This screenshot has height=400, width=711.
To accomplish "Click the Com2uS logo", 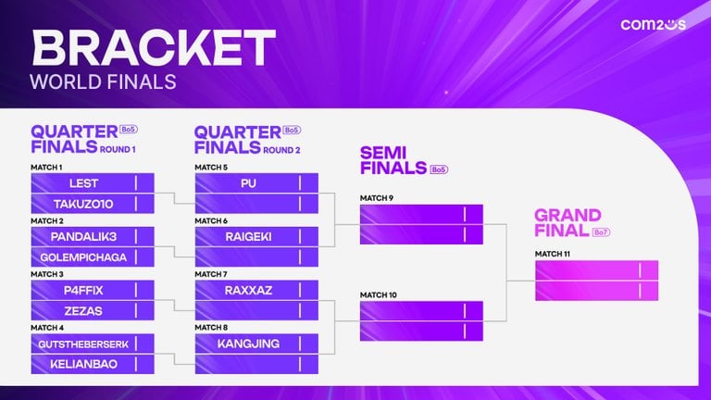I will [653, 24].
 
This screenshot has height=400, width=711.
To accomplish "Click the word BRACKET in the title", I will [154, 47].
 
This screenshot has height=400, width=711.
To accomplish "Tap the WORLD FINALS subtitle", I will [103, 81].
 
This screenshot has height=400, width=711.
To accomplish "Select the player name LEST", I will [83, 183].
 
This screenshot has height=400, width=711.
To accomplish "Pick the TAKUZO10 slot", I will [83, 204].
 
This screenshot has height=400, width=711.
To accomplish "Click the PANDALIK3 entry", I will [83, 237].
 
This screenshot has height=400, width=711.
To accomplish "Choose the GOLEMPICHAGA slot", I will [83, 257].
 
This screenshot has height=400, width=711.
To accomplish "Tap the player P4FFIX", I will [83, 290].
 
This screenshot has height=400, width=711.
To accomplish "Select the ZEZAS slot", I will [83, 311].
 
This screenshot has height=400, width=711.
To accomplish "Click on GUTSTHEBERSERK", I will [83, 344].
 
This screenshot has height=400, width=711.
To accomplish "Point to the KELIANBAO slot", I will [83, 365].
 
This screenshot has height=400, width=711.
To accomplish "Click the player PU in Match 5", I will [247, 183].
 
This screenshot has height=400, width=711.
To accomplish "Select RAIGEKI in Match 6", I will [247, 237].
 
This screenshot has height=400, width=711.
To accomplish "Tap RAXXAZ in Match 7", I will [247, 290].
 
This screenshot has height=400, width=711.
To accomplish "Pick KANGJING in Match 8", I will [247, 344].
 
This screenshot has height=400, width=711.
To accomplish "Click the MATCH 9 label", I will [377, 197].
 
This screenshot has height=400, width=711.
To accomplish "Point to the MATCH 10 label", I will [378, 294].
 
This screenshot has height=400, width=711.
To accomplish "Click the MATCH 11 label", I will [552, 253].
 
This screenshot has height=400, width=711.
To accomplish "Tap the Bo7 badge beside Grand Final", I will [602, 231].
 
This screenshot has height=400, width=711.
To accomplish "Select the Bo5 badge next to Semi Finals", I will [439, 169].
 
